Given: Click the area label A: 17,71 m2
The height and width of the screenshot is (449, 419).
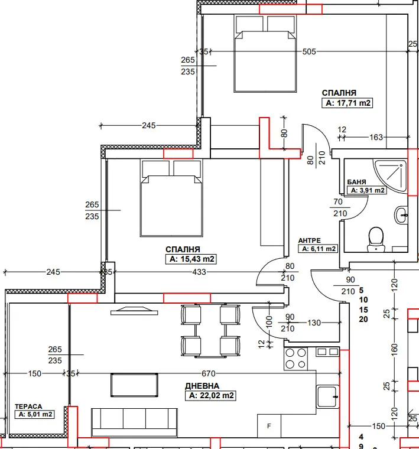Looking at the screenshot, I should tap(349, 103).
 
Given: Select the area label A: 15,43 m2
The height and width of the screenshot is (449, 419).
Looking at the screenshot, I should tap(191, 259).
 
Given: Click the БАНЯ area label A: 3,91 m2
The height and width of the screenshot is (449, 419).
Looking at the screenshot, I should tap(366, 191).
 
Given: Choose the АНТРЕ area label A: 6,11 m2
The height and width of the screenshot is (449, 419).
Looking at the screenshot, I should tap(317, 249).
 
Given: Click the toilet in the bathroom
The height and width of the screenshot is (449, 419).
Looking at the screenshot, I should tap(375, 239).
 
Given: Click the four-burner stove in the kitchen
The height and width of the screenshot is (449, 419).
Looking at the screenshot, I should tap(296, 356).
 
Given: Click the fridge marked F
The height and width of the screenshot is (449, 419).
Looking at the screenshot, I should tap(269, 425).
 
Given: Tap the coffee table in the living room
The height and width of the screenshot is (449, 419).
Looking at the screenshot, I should tap(135, 385).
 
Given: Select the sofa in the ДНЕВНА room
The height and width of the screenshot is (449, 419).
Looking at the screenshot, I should tap(134, 421).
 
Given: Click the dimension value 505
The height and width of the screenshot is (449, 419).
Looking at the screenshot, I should tap(308, 52).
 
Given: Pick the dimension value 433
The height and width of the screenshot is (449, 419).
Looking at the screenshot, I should tap(199, 272).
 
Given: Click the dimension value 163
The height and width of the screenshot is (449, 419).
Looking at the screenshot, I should tap(376, 138).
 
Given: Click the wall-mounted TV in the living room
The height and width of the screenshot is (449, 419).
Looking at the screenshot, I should tap(134, 310).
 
